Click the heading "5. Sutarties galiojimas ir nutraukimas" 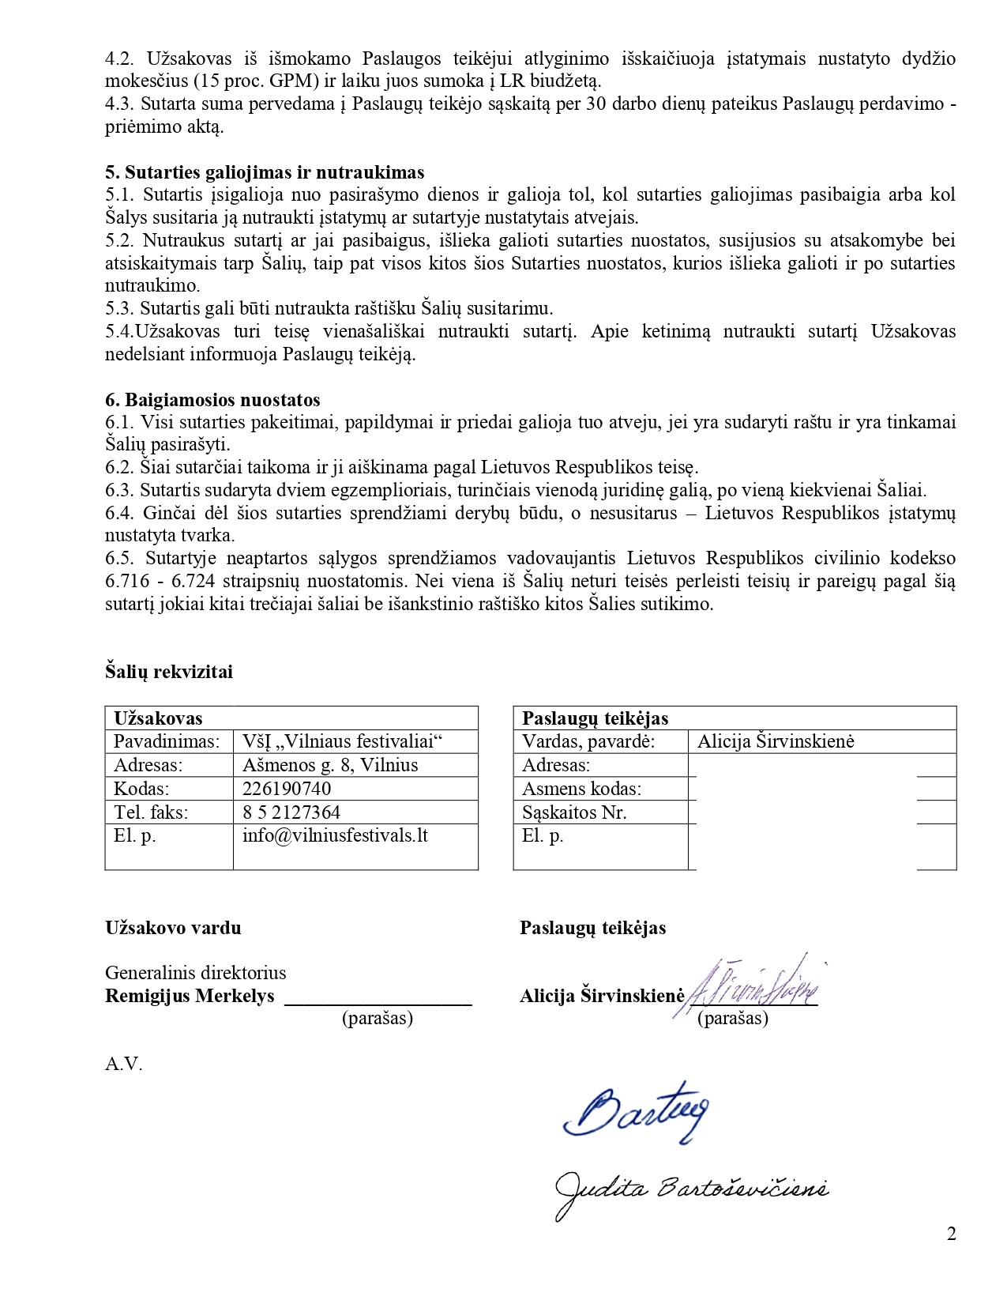click(x=265, y=172)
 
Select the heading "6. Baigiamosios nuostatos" click(x=212, y=400)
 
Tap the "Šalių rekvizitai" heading click(x=169, y=672)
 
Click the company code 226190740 click(x=287, y=789)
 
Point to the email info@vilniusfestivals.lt click(x=335, y=835)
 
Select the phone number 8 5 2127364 click(x=291, y=812)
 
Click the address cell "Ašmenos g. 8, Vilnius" click(x=330, y=765)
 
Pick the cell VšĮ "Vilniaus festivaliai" click(x=342, y=741)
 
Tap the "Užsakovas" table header click(x=158, y=718)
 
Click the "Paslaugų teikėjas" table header click(x=596, y=718)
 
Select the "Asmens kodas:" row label click(x=581, y=789)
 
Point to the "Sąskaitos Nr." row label click(x=574, y=812)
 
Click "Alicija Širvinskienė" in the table click(x=776, y=741)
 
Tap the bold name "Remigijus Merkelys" click(x=190, y=996)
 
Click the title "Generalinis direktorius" click(x=196, y=973)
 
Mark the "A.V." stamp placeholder click(x=124, y=1064)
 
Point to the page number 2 click(x=952, y=1234)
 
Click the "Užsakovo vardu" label click(x=173, y=928)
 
